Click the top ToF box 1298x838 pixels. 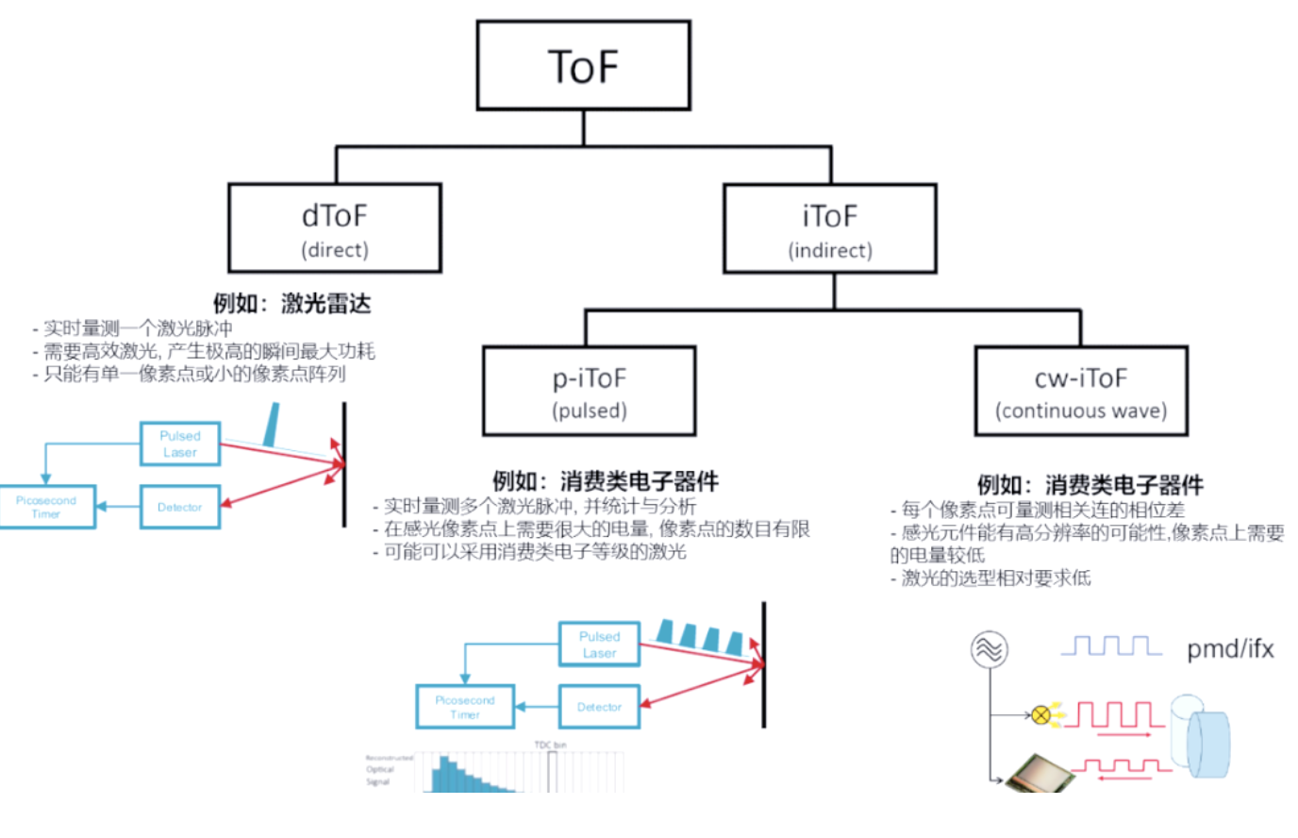[x=583, y=66]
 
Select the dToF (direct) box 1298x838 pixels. [x=335, y=228]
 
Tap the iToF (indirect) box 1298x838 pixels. [x=830, y=228]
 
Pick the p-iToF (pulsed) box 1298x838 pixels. [x=590, y=391]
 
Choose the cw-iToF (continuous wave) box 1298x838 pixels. [x=1081, y=391]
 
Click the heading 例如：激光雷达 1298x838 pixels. [x=291, y=303]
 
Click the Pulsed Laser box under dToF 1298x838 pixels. [x=180, y=444]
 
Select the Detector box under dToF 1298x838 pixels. [x=180, y=507]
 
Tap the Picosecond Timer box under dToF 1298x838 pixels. [x=46, y=507]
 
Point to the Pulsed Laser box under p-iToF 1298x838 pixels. [x=599, y=645]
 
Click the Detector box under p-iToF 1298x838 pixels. [x=599, y=707]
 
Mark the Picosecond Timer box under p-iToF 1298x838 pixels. [x=465, y=707]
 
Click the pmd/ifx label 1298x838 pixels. [x=1230, y=649]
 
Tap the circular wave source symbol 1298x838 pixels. [x=990, y=649]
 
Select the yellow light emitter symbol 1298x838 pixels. [x=1040, y=715]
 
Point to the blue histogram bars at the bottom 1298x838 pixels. [x=467, y=776]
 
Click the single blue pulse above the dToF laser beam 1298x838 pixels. [x=272, y=425]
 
